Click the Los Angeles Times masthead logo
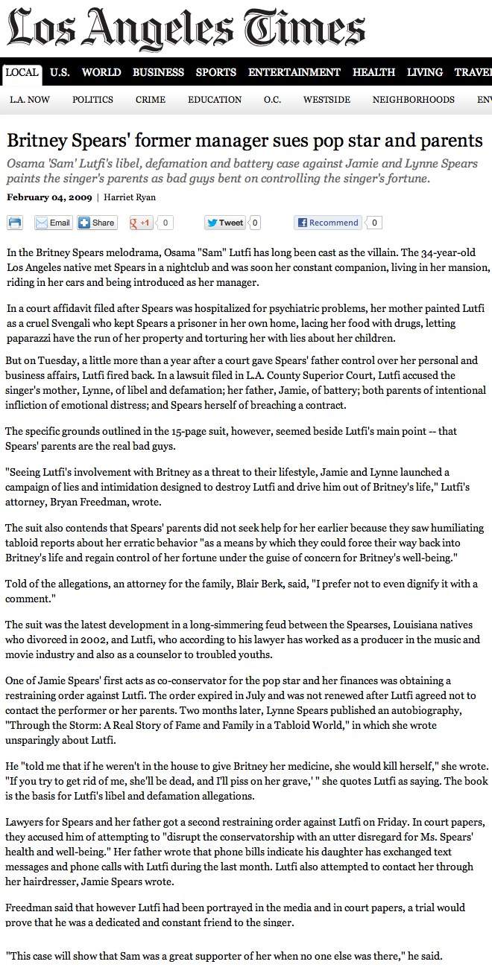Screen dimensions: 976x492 click(x=186, y=28)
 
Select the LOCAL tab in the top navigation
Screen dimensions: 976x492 click(x=22, y=72)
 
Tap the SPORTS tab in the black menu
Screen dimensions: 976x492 click(x=215, y=72)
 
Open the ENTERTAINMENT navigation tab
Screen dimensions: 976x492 click(x=294, y=72)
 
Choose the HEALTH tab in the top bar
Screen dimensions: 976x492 click(x=373, y=72)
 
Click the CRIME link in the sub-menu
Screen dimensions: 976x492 click(x=151, y=100)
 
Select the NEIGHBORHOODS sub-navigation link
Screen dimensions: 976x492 click(x=413, y=100)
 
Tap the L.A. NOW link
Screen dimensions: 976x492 click(x=30, y=100)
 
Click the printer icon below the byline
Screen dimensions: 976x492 click(x=16, y=223)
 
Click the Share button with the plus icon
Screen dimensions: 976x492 click(x=97, y=223)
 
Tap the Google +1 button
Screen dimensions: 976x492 click(x=141, y=223)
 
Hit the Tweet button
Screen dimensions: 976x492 click(x=225, y=223)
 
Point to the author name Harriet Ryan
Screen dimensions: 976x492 click(x=130, y=197)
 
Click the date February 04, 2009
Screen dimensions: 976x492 click(x=49, y=197)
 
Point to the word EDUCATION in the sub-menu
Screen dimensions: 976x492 click(x=215, y=100)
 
